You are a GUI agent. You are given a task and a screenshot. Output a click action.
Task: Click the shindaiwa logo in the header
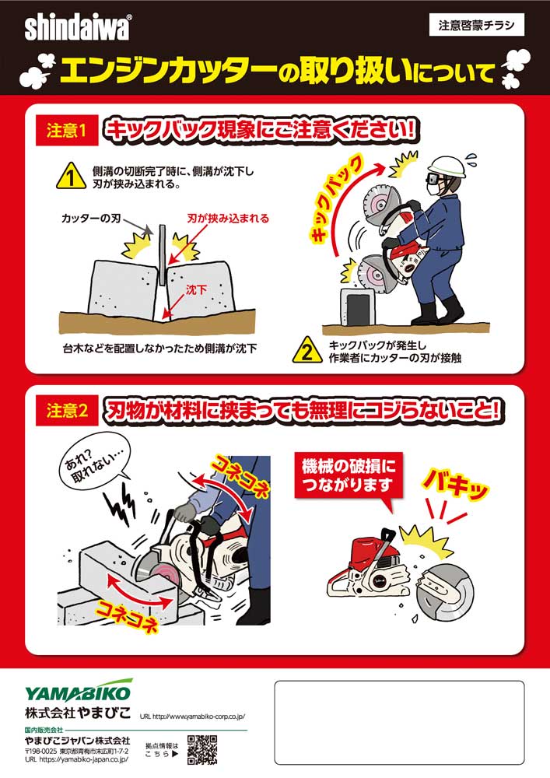pos(78,28)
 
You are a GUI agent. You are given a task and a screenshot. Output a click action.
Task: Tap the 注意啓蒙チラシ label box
pos(477,26)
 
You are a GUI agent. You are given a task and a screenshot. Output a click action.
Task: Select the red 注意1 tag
pos(66,131)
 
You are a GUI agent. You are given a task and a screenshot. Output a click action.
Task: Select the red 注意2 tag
pos(67,410)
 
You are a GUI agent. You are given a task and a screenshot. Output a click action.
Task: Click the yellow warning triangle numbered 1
pos(72,176)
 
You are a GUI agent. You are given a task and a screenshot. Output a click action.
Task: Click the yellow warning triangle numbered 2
pos(308,350)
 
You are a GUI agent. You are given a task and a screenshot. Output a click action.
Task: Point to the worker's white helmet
pos(449,167)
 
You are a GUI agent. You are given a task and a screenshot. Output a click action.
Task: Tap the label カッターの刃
pos(91,219)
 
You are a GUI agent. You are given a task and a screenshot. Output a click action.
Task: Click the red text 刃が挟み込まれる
pos(228,219)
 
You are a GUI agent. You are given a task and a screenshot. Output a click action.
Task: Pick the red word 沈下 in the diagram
pos(196,289)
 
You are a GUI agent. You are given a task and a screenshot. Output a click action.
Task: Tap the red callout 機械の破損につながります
pos(349,475)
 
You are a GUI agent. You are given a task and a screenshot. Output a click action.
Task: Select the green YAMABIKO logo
pos(79,691)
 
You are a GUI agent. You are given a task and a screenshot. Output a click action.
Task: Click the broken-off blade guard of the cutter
pos(445,590)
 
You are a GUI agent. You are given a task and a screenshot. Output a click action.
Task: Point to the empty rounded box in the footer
pos(399,723)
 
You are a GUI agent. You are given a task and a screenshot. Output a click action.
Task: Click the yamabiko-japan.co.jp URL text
pos(77,759)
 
